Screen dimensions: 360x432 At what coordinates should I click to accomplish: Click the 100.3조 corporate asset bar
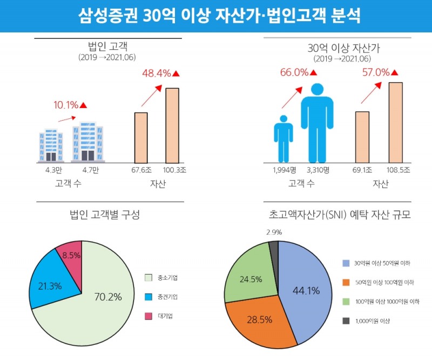coord(172,125)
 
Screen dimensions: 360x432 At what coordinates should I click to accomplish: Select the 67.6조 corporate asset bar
coord(141,138)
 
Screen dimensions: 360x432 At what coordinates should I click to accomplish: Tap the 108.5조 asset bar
coord(395,122)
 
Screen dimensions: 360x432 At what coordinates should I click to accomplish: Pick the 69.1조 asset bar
coord(362,137)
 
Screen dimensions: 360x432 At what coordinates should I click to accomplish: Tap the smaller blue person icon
coord(283,139)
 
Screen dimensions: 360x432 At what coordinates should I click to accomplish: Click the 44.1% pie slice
coord(305,289)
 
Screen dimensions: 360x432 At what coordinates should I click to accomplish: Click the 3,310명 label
coord(318,170)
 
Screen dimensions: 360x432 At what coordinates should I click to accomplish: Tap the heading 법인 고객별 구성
coord(105,215)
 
